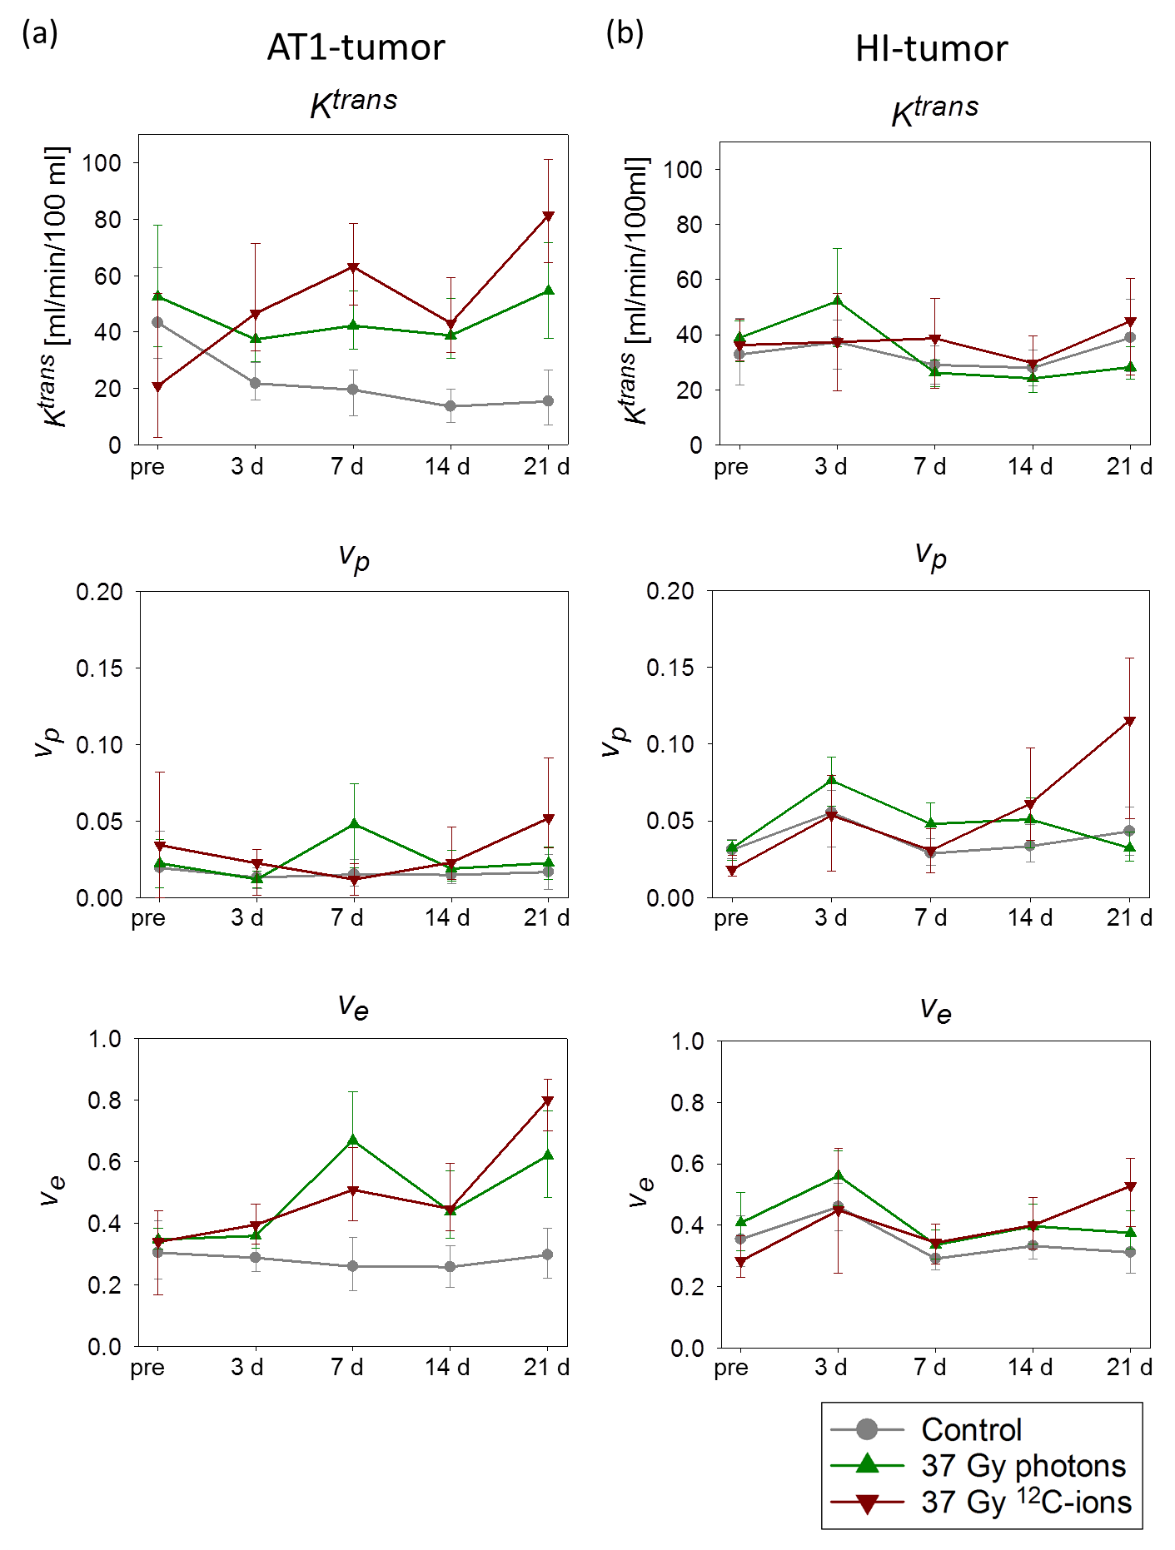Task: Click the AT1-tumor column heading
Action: [x=356, y=47]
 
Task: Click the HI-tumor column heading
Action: [x=931, y=48]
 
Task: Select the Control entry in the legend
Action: [x=971, y=1429]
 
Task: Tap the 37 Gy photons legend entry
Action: [x=1023, y=1465]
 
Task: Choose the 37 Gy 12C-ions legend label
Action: [x=1026, y=1502]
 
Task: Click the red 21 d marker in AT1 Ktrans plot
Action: [x=548, y=216]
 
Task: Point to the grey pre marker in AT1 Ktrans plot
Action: [x=157, y=322]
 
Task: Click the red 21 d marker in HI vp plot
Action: [x=1129, y=721]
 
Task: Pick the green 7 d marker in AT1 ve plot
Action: [x=353, y=1140]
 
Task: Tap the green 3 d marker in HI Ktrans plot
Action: [x=838, y=300]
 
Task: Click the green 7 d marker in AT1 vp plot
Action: [x=353, y=823]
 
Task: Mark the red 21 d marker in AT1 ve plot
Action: [x=548, y=1101]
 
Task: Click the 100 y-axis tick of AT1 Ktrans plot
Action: [x=102, y=163]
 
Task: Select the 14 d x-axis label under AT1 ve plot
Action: [x=447, y=1368]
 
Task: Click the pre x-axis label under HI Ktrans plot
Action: [x=730, y=467]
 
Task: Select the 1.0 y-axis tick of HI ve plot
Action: [x=688, y=1041]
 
